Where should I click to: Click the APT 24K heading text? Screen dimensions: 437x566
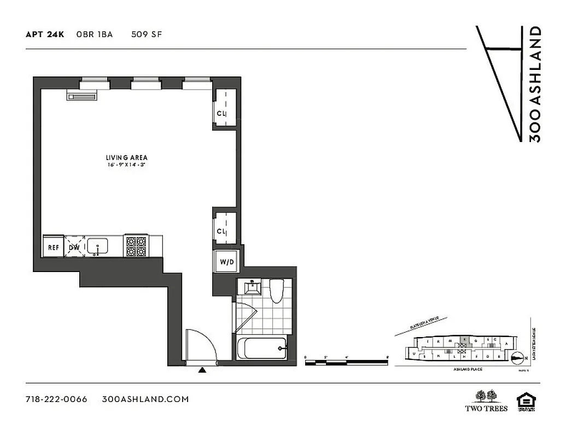45,34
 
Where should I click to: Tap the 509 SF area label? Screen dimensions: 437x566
146,34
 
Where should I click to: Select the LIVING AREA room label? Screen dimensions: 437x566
127,158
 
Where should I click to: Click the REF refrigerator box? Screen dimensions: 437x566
53,247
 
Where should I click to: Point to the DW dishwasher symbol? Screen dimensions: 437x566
74,247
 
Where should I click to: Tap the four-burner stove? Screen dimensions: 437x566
136,246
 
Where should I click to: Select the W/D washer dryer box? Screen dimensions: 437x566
226,262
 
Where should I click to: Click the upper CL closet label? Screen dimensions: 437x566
221,114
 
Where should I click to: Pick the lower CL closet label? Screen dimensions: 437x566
221,232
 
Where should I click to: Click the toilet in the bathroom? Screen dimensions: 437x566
277,290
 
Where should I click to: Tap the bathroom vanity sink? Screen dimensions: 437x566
252,287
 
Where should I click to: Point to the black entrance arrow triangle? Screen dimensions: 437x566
202,370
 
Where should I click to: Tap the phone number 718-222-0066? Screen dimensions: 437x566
56,399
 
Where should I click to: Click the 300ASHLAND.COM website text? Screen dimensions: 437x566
145,399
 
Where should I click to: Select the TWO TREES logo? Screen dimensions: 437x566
486,400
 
